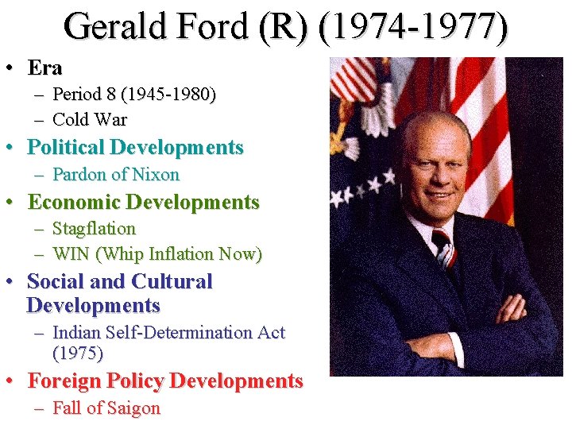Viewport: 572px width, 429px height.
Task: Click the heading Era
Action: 44,68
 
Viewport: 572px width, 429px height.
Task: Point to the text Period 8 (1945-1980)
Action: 133,95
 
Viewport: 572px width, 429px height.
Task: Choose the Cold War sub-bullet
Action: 90,120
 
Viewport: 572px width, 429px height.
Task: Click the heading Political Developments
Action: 135,148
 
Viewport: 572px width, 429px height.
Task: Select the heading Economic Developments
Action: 143,202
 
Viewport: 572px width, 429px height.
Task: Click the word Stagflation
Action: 94,229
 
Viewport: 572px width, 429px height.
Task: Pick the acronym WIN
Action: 69,254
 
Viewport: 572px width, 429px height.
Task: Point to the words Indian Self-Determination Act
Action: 168,333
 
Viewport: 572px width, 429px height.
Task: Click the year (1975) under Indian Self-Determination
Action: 78,353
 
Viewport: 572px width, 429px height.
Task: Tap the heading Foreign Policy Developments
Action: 165,381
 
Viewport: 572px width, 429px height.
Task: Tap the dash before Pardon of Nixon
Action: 39,175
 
